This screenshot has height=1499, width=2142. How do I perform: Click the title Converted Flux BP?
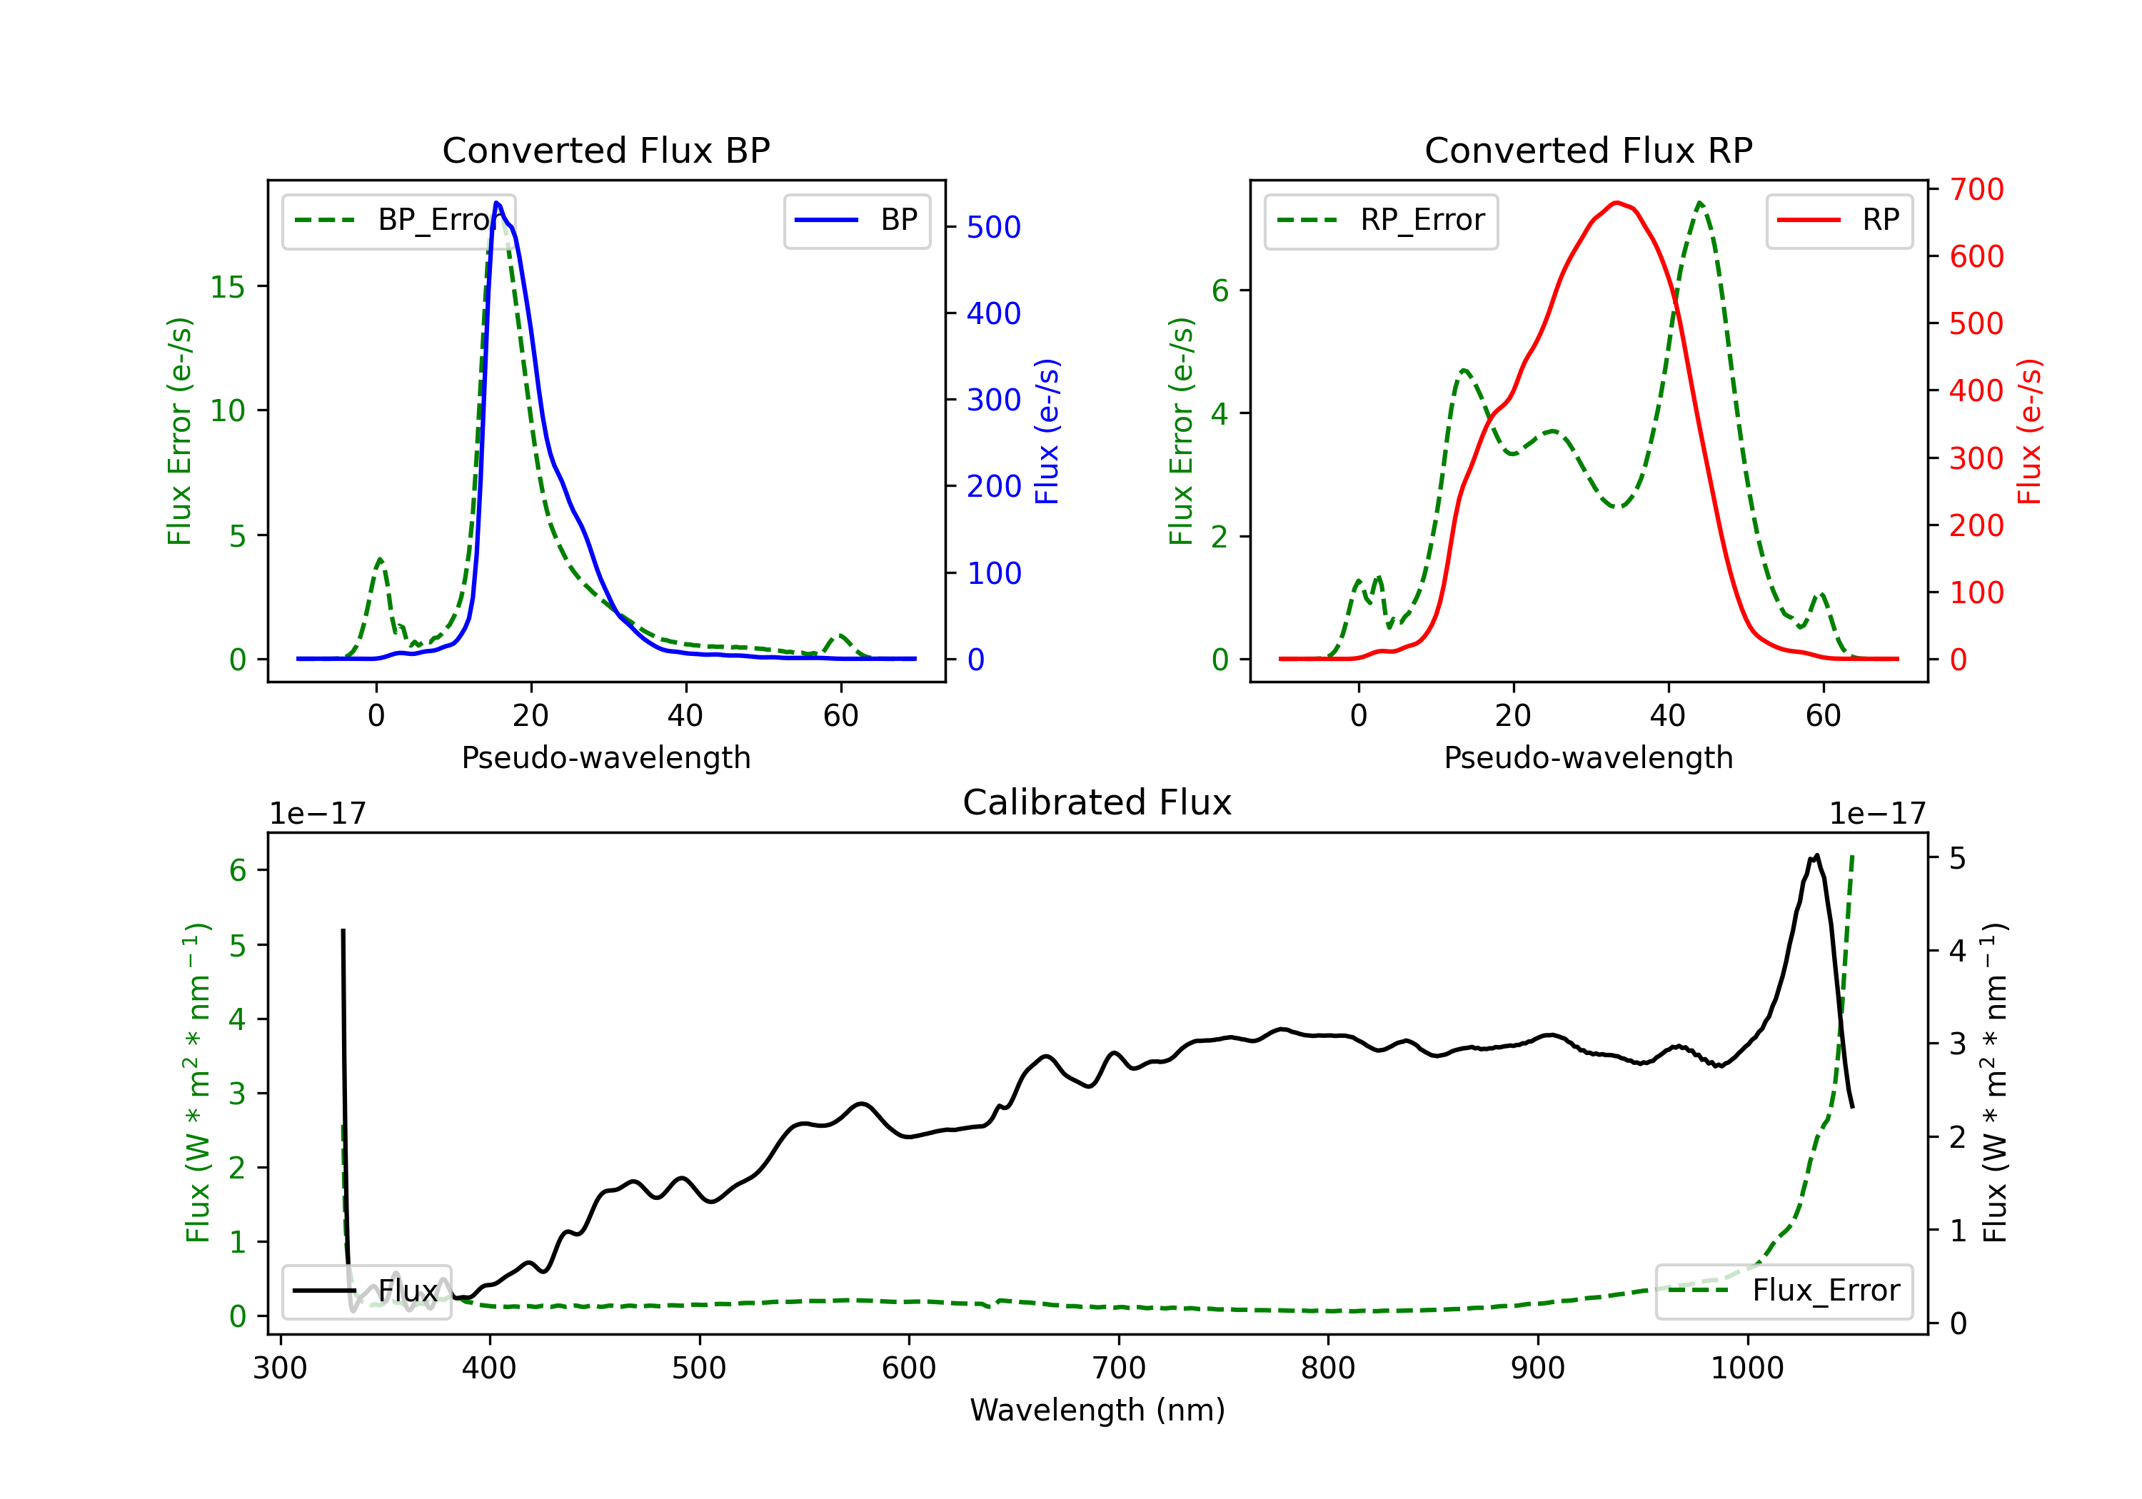click(605, 150)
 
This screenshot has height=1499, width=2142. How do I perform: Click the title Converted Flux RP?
click(1588, 150)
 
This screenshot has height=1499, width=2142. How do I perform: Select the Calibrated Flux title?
click(1097, 802)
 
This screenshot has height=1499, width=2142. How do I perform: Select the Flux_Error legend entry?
click(1784, 1291)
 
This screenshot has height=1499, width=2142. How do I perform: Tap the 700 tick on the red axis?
click(1976, 189)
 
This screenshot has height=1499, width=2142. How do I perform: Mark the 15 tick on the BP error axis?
click(228, 286)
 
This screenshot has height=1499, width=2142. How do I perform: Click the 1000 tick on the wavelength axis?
click(1747, 1368)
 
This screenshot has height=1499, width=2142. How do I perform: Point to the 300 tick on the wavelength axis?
click(280, 1368)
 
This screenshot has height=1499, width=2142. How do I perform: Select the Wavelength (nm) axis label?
click(1097, 1410)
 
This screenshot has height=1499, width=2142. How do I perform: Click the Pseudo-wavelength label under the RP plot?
click(1588, 757)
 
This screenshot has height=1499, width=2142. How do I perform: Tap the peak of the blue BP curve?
click(497, 203)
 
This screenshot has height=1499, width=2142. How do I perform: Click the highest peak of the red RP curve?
click(1616, 203)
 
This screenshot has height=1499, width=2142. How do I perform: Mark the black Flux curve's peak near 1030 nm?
click(1817, 855)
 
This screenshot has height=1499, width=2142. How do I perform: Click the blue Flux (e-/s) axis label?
click(1047, 432)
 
